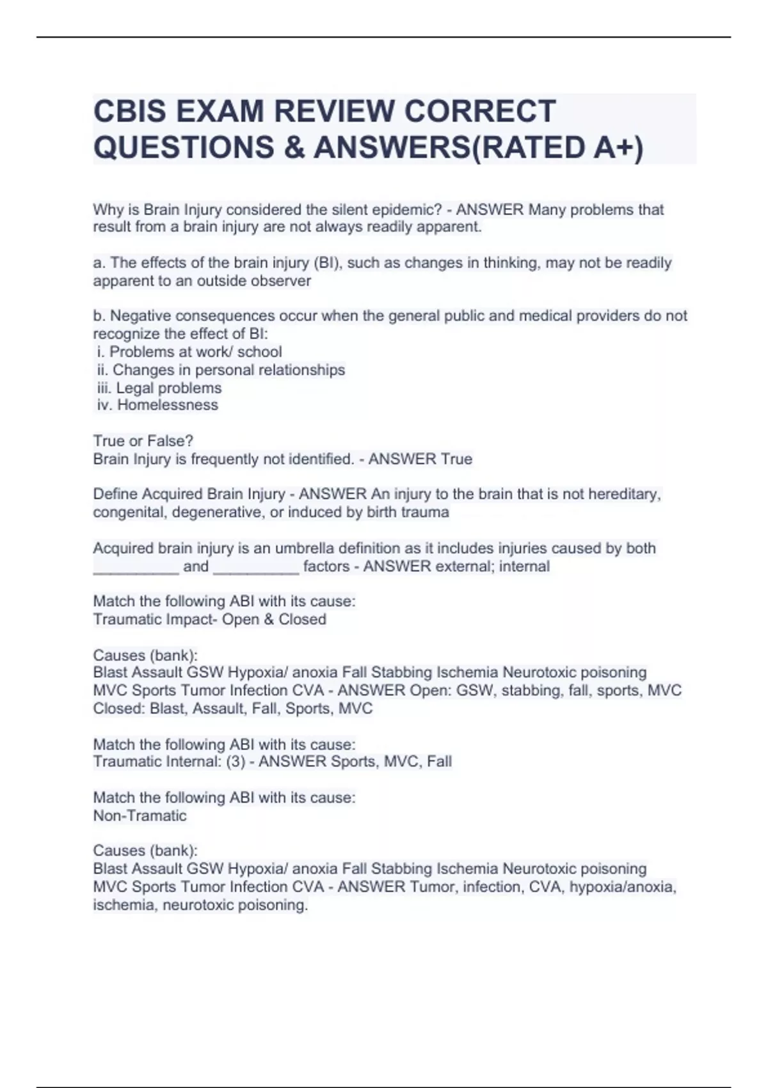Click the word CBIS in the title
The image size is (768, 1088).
pos(130,111)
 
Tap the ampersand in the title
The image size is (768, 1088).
pos(293,147)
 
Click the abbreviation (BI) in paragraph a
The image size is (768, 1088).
pos(328,263)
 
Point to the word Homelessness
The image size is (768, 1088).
pos(168,405)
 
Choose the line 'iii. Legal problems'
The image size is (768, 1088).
pos(159,388)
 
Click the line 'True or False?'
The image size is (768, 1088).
pos(143,441)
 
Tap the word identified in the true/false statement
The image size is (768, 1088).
pos(320,459)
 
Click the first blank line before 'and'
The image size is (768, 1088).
pos(136,567)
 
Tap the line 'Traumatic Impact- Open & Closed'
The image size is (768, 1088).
pos(209,620)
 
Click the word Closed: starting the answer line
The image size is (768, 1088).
pos(119,708)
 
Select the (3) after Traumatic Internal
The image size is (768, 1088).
pos(236,762)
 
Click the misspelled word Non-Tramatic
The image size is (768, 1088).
pos(140,816)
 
